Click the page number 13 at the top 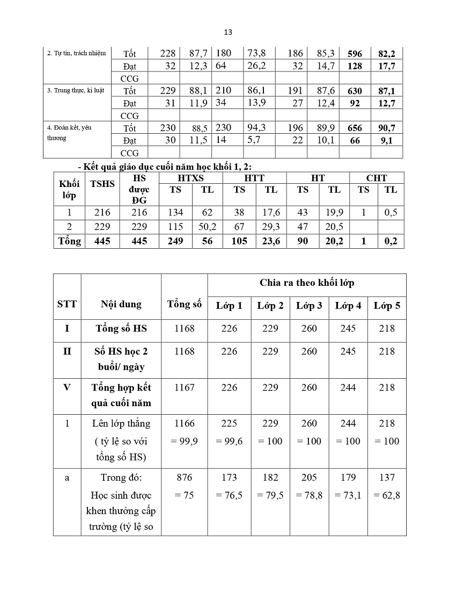click(x=227, y=32)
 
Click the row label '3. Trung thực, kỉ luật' click(x=75, y=90)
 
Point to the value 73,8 click(x=256, y=53)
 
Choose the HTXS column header click(x=190, y=178)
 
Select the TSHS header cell click(x=102, y=184)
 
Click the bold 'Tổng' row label click(x=69, y=241)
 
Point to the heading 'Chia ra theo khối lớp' click(x=307, y=283)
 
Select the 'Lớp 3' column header click(x=309, y=306)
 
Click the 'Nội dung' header click(x=121, y=304)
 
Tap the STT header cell click(x=67, y=304)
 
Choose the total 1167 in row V click(x=184, y=387)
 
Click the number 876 click(x=184, y=477)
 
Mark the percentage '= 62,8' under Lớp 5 click(x=387, y=495)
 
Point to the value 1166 click(x=184, y=423)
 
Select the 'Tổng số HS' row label click(x=121, y=328)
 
